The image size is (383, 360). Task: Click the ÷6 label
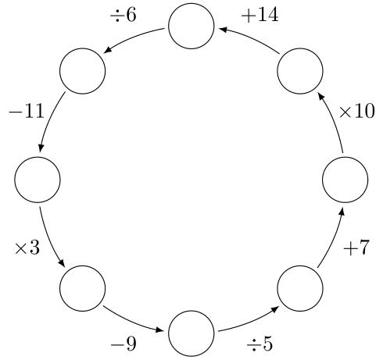pos(123,15)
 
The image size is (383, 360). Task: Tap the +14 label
pos(260,15)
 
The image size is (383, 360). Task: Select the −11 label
pos(27,112)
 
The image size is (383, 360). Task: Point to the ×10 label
pos(356,112)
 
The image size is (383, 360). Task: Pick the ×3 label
pos(27,248)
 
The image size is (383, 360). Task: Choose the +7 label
pos(356,248)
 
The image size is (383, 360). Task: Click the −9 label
pos(123,344)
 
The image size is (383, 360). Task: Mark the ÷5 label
pos(260,344)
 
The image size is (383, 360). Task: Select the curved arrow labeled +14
pos(252,38)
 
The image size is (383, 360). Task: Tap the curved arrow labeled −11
pos(49,120)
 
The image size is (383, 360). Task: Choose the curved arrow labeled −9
pos(131,321)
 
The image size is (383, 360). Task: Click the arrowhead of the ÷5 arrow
pos(275,309)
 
